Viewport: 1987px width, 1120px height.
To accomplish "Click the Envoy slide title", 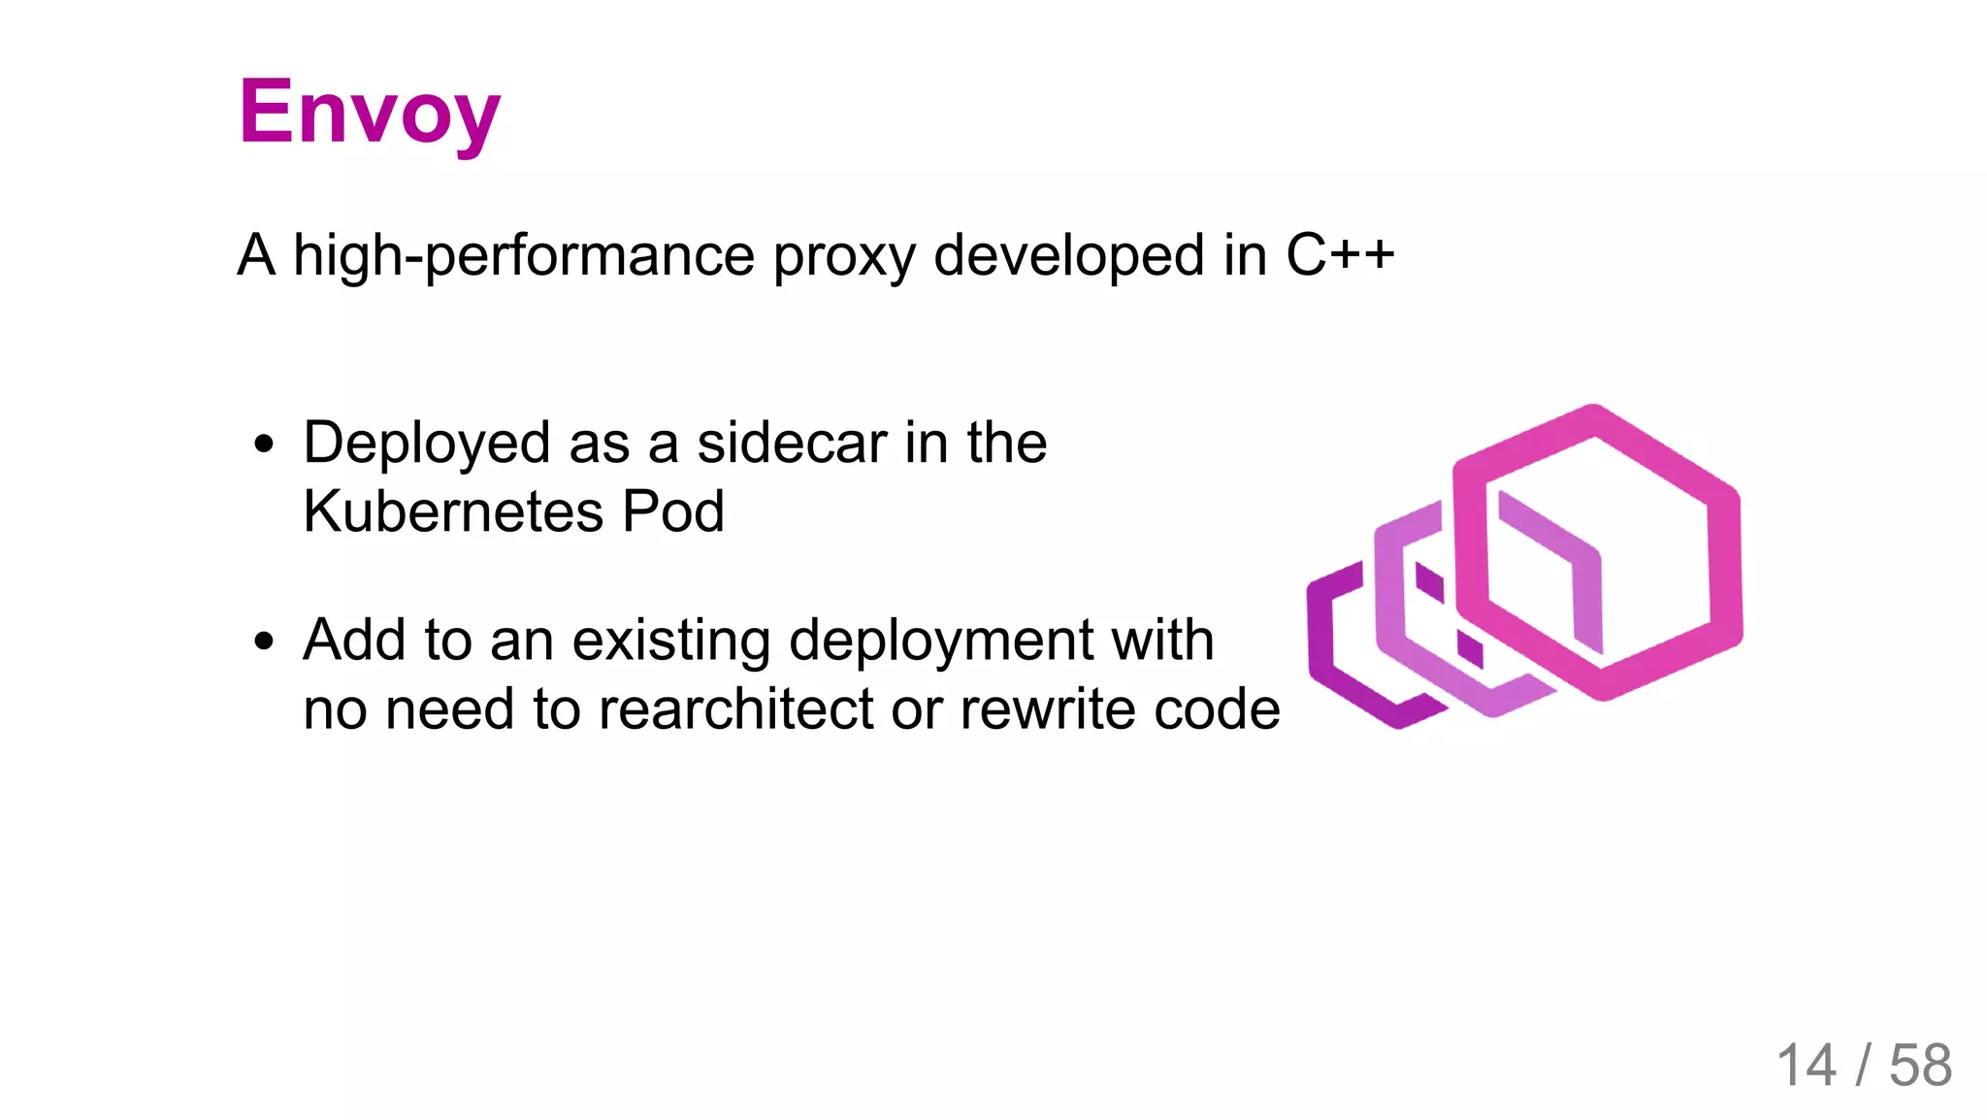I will pyautogui.click(x=369, y=113).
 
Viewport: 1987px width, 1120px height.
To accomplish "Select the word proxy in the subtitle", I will pyautogui.click(x=844, y=255).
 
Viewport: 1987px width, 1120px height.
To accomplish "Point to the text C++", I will pyautogui.click(x=1340, y=255).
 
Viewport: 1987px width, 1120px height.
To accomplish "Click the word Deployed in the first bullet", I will pyautogui.click(x=427, y=444).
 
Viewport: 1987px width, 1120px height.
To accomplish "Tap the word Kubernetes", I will pyautogui.click(x=453, y=511).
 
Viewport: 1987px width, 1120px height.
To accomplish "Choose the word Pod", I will pyautogui.click(x=672, y=511).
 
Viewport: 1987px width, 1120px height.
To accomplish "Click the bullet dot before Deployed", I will pyautogui.click(x=264, y=445).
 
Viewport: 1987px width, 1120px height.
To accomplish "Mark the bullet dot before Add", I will pyautogui.click(x=264, y=642).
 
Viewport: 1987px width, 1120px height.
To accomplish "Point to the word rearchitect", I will pyautogui.click(x=736, y=709).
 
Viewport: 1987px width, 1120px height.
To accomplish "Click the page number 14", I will pyautogui.click(x=1806, y=1066).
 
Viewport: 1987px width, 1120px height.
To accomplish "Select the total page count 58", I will pyautogui.click(x=1920, y=1066).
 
